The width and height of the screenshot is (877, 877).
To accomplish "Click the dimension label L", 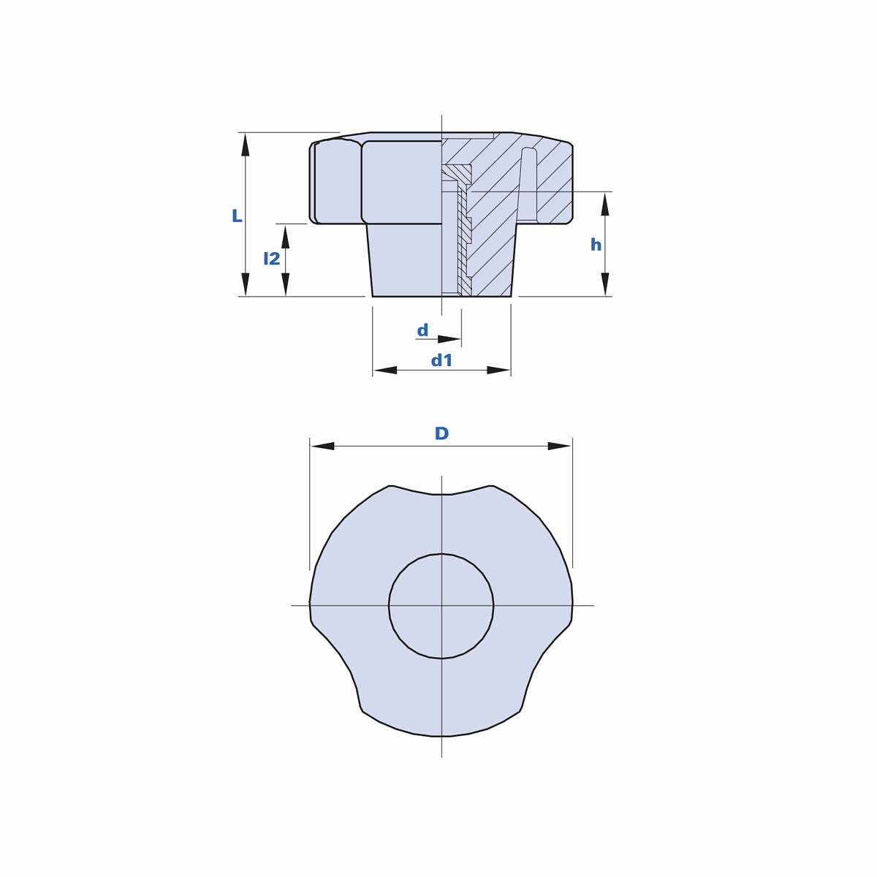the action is click(x=237, y=216).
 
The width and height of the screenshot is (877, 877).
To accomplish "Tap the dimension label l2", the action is click(x=272, y=259).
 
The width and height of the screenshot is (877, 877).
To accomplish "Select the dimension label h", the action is click(x=596, y=245).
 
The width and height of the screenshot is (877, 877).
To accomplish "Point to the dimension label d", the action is click(x=423, y=330).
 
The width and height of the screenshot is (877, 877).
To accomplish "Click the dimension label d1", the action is click(x=441, y=360).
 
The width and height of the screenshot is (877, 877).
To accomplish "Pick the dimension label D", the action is click(x=442, y=433).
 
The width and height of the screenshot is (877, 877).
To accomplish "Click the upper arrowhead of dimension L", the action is click(x=246, y=145).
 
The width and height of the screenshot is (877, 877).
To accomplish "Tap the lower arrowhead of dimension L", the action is click(x=246, y=284).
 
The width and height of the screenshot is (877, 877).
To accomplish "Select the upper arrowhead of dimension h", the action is click(x=605, y=204).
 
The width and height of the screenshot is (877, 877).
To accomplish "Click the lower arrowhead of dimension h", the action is click(x=605, y=284).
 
